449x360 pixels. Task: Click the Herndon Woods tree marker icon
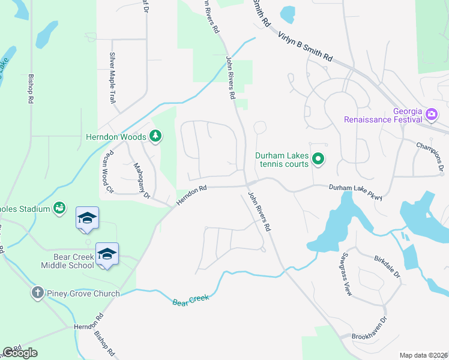(155, 136)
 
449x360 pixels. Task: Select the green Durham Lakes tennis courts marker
(318, 159)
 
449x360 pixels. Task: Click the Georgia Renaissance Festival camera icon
(431, 114)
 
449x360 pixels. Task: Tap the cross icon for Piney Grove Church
(38, 293)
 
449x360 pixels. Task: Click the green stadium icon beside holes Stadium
(59, 208)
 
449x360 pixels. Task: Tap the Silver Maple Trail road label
(112, 77)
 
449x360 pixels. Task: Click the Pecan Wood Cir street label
(107, 170)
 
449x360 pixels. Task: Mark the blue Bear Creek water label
(191, 298)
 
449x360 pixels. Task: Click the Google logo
(20, 353)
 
